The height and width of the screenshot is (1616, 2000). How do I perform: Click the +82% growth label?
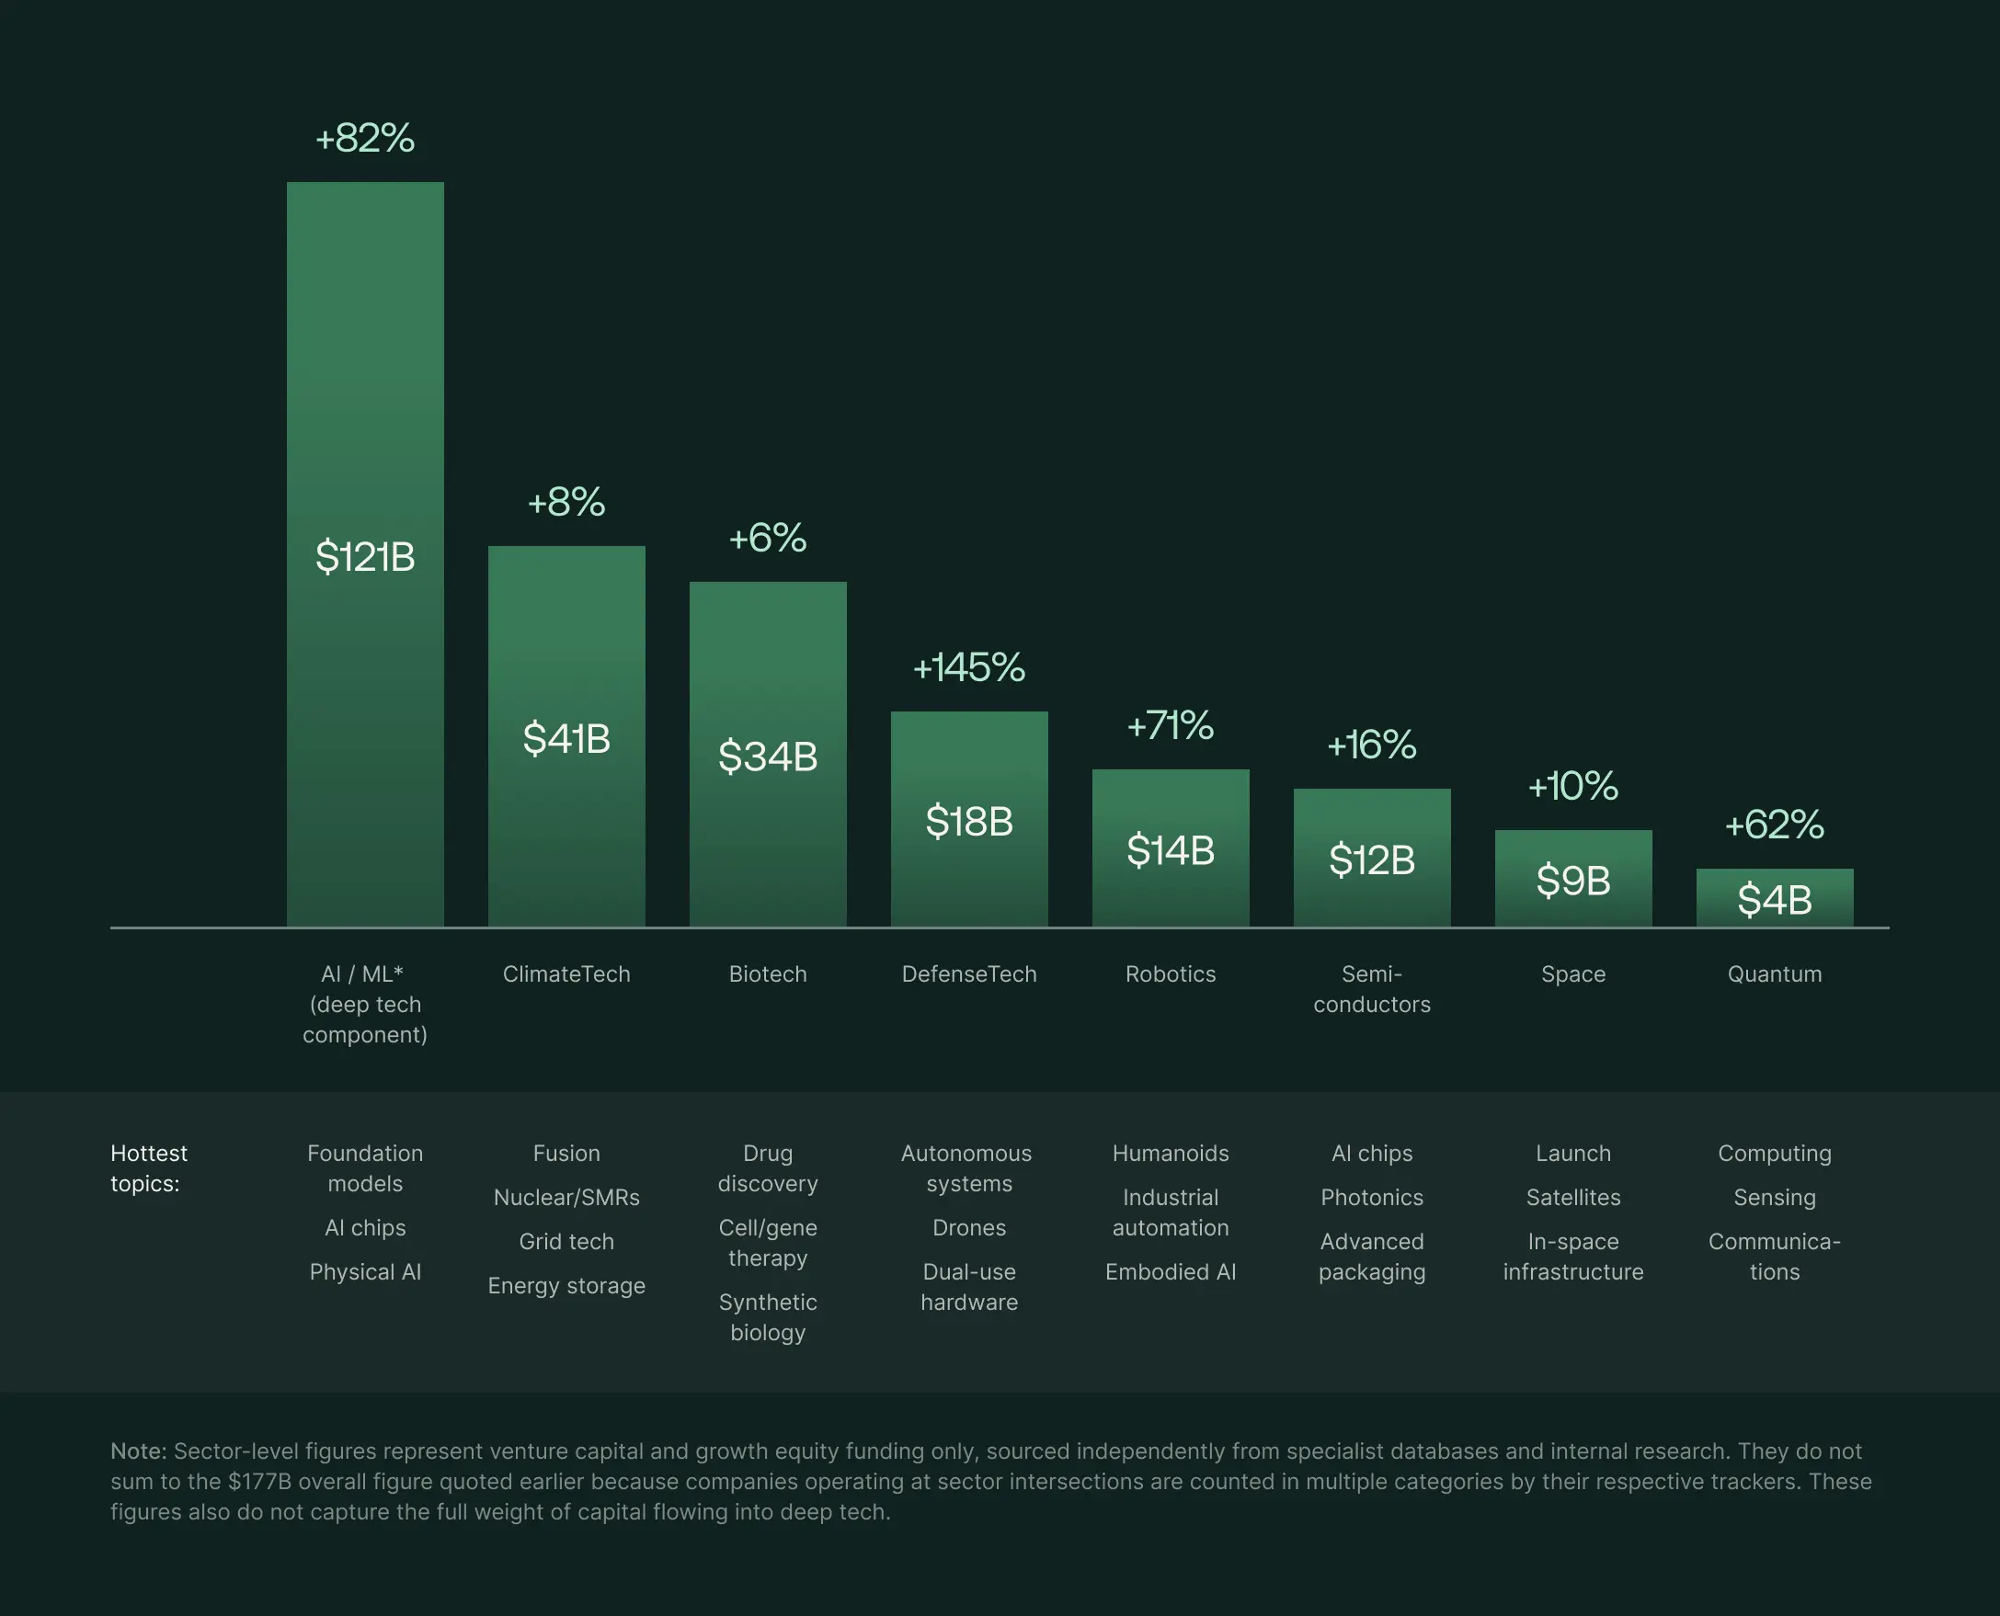(365, 139)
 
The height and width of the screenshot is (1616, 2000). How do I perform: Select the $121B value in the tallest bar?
(365, 557)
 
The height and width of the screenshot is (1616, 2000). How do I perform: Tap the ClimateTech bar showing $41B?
(566, 738)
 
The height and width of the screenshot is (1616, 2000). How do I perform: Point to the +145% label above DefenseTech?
(968, 667)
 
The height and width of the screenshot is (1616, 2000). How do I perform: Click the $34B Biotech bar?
(767, 756)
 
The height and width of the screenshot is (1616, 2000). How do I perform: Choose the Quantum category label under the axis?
(1774, 973)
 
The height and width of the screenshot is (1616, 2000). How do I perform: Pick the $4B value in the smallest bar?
(1774, 899)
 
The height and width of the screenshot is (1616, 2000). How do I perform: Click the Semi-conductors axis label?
(1372, 988)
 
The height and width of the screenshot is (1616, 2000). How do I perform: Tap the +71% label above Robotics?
(1170, 726)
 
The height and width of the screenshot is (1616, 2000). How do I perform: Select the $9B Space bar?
(1572, 880)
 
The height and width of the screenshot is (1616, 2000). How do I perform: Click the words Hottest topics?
(149, 1168)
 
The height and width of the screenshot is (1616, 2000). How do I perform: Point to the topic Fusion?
(566, 1154)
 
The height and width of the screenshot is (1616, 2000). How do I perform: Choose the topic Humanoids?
(1171, 1154)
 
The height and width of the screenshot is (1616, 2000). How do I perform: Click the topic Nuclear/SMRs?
(566, 1197)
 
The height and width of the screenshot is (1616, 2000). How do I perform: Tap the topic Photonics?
(1372, 1197)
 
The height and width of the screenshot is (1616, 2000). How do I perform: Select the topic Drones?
(968, 1228)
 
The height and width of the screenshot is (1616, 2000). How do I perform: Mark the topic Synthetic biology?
(767, 1317)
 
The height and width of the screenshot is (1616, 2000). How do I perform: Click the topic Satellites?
(1572, 1197)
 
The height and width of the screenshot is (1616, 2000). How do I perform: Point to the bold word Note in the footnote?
(138, 1451)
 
